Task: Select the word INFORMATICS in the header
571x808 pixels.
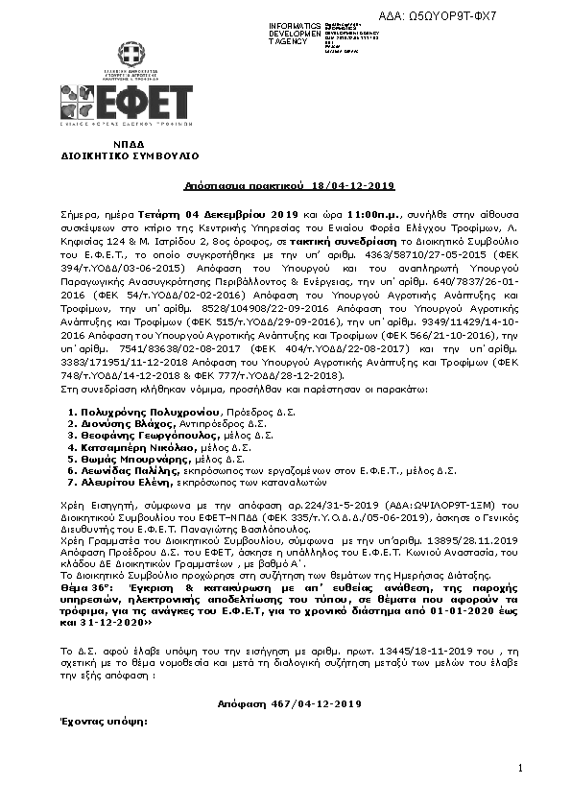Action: click(x=296, y=24)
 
